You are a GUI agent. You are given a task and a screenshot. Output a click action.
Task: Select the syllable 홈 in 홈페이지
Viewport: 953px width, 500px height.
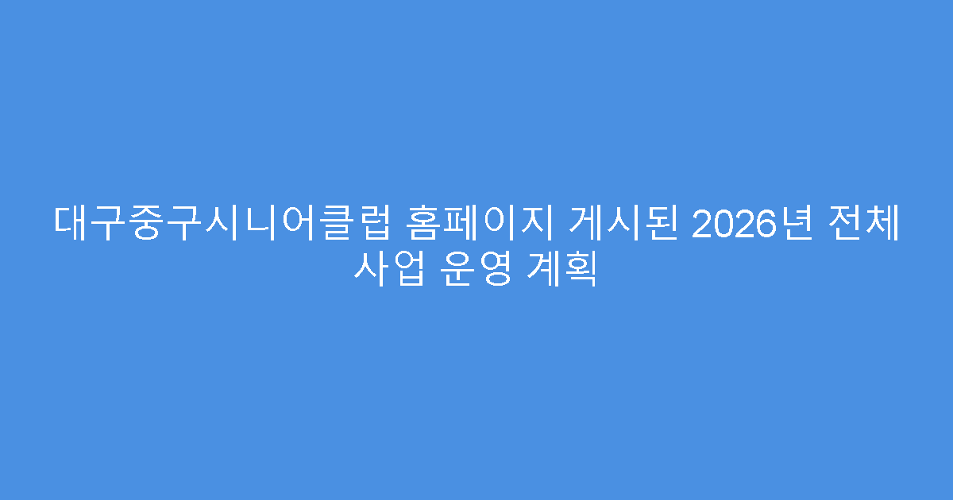(423, 225)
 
